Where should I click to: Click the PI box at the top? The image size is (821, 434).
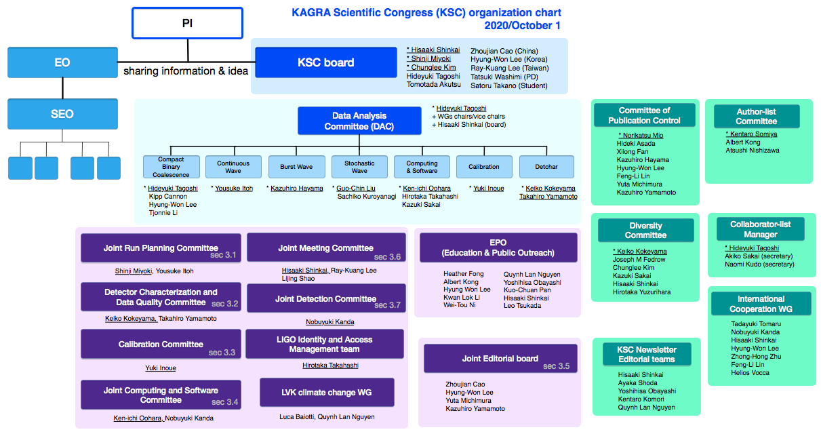187,23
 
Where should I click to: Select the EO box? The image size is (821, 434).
62,62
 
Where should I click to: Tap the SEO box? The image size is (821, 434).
62,114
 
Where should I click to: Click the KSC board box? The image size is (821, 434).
326,62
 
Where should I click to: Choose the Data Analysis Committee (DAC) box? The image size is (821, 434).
359,121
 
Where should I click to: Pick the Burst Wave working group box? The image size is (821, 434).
296,167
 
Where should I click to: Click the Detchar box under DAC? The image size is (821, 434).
546,167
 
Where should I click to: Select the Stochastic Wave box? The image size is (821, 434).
359,167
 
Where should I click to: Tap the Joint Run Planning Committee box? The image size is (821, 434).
161,248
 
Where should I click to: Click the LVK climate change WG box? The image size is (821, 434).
327,393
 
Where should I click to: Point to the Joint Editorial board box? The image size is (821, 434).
500,359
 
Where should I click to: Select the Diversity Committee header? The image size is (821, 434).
646,230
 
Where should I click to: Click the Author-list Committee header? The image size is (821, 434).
757,116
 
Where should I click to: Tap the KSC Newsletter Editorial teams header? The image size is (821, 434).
647,354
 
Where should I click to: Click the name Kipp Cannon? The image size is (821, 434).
168,197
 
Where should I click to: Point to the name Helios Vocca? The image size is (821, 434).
750,373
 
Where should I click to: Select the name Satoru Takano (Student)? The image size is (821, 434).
509,85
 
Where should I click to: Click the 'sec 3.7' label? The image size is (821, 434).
387,305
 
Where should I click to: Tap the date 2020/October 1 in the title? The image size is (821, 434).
522,26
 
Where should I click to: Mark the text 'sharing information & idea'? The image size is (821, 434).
186,71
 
